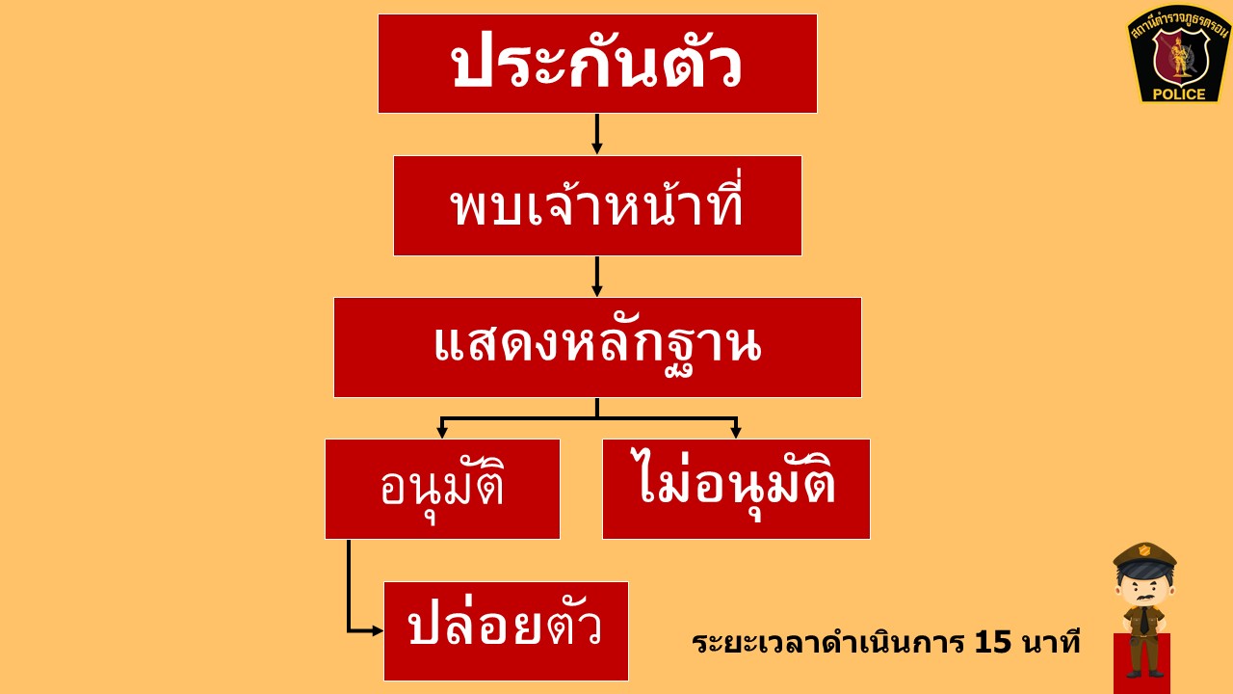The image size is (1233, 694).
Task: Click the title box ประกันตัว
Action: (x=597, y=64)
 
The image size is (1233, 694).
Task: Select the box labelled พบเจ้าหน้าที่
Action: (x=597, y=205)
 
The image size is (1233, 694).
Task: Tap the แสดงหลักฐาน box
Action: (x=597, y=348)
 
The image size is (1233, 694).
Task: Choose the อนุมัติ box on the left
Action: (x=442, y=489)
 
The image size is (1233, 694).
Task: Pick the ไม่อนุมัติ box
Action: (x=737, y=489)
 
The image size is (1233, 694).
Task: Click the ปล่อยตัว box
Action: (x=506, y=631)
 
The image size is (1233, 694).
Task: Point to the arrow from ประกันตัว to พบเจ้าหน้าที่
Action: (x=596, y=134)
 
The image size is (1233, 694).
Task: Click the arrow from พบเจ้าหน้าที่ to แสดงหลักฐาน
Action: (x=596, y=277)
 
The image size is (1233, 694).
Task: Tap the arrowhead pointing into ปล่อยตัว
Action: (x=378, y=630)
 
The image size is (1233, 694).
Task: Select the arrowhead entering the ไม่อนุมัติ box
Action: (x=736, y=433)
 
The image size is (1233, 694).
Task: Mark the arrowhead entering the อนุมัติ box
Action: (x=441, y=433)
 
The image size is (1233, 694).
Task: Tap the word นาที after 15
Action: (x=1050, y=642)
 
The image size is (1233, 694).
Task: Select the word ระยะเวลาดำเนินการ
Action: (x=827, y=643)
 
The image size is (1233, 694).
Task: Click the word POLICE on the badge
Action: (x=1179, y=94)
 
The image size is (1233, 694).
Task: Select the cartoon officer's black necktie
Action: (x=1144, y=620)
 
